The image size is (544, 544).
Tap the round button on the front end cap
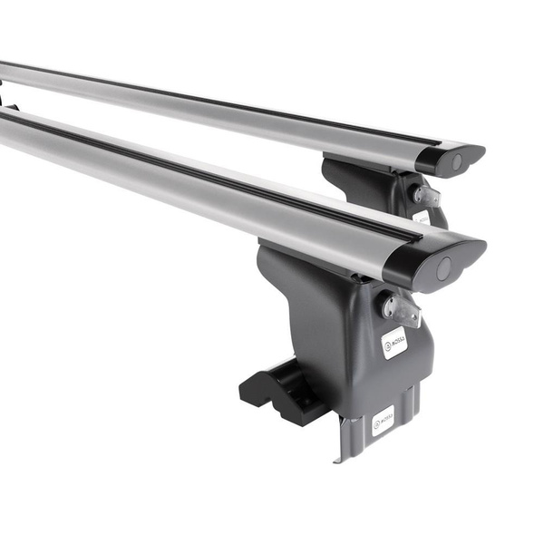443,268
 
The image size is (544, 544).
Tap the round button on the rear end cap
456,162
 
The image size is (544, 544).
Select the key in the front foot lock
402,309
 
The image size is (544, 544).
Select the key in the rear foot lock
426,196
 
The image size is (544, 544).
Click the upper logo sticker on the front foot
393,342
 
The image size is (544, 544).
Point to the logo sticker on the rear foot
423,218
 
